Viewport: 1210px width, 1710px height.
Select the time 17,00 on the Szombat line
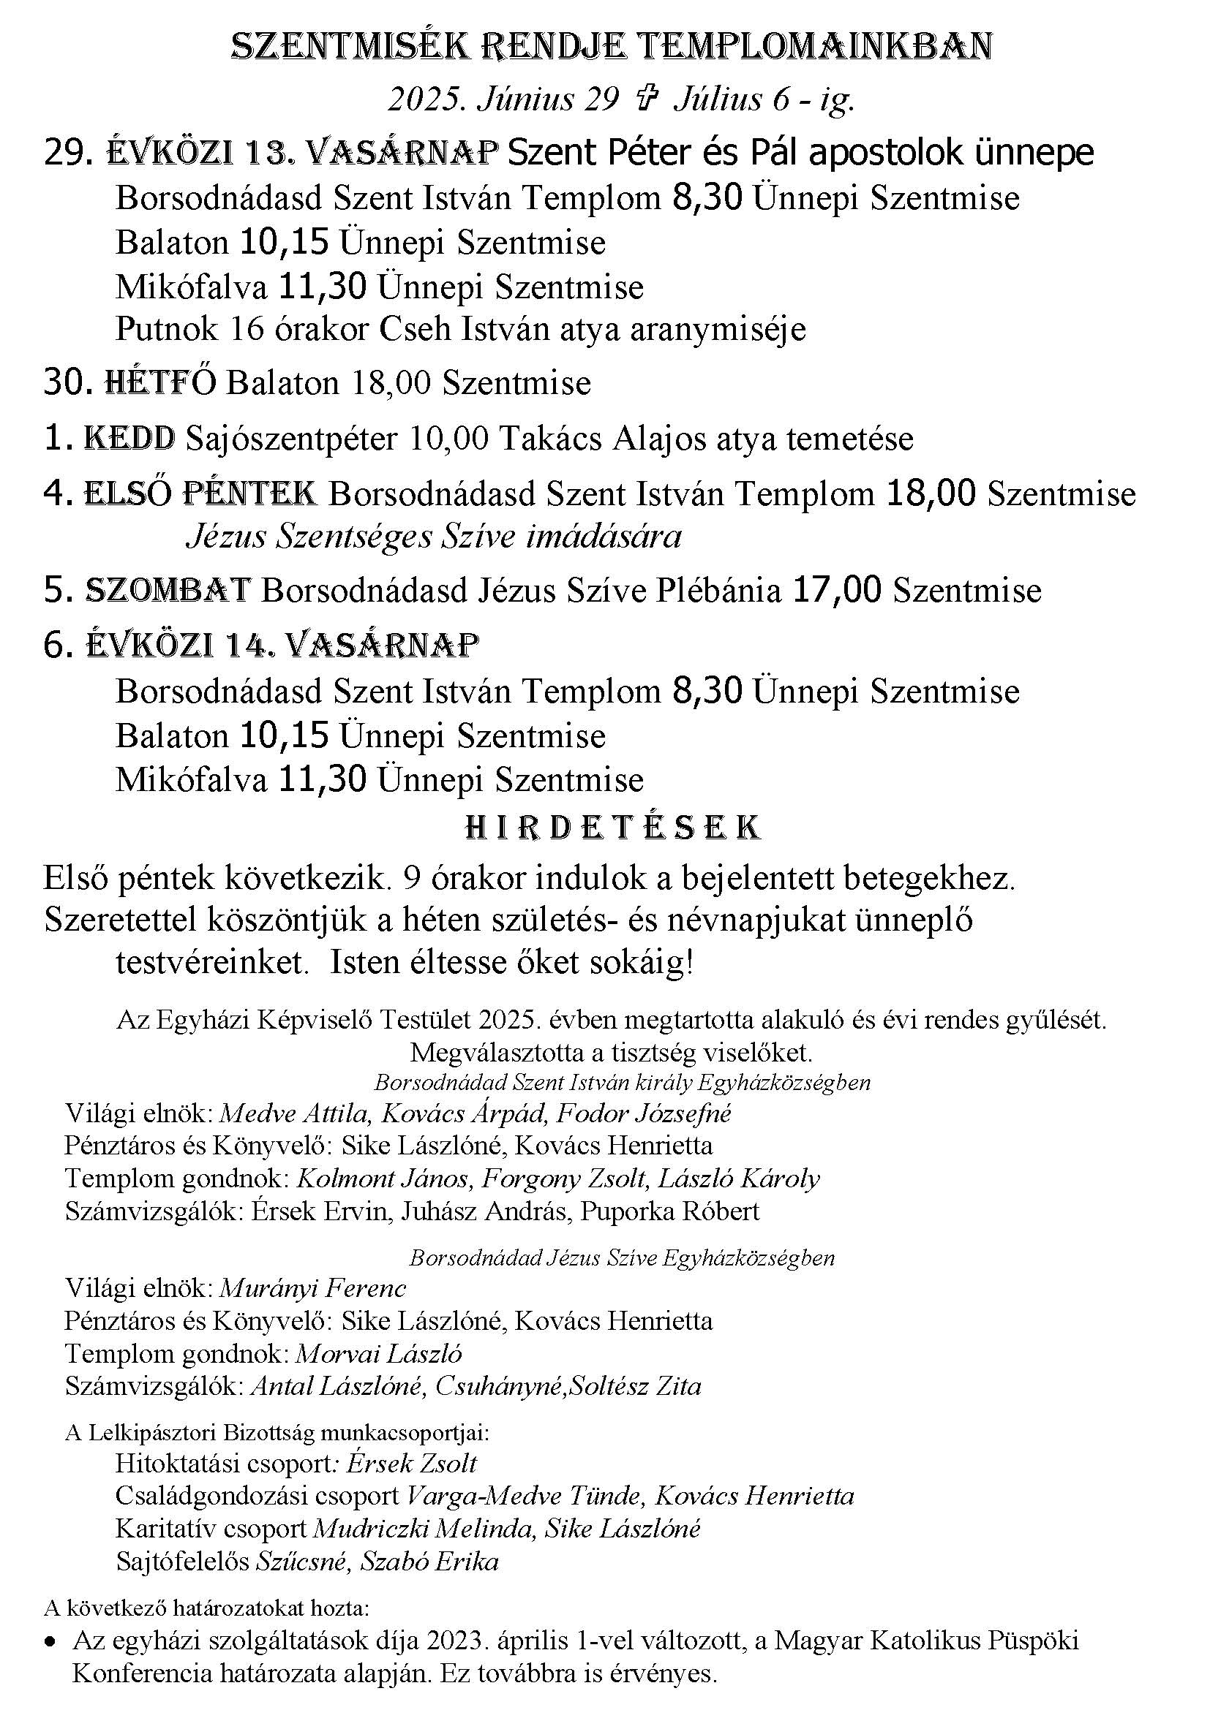click(837, 591)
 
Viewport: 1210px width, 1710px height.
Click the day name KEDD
click(129, 439)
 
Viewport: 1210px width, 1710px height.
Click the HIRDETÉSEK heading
click(612, 828)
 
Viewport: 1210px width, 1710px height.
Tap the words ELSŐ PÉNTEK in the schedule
click(199, 494)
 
